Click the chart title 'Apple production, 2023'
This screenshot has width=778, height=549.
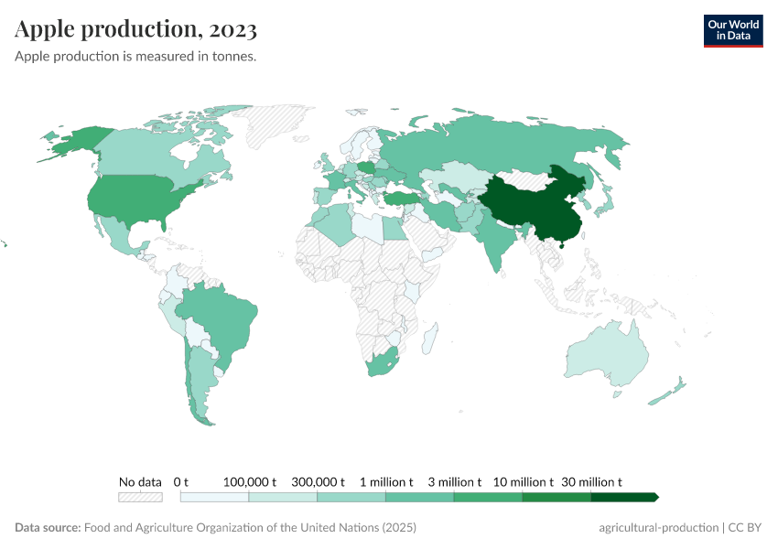(135, 29)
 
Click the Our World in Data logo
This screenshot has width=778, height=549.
(732, 30)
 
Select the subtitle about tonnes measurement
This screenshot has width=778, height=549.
(135, 57)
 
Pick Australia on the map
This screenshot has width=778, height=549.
(604, 352)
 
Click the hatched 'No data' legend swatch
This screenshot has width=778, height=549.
(140, 497)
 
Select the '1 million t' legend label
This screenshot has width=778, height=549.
(385, 481)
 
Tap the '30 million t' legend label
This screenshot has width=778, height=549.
(591, 481)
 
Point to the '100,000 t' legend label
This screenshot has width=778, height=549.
(249, 481)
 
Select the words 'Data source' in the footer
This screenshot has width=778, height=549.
(48, 528)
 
